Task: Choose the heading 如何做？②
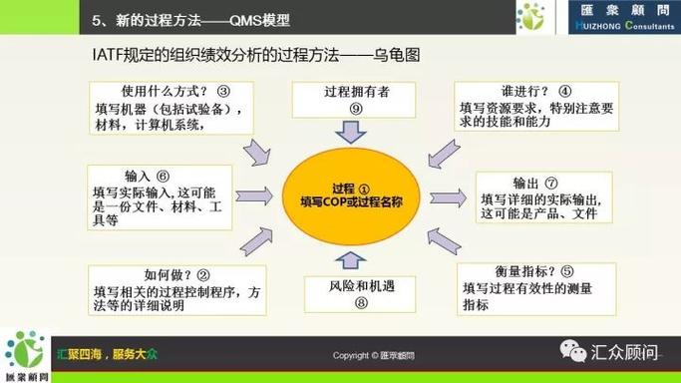coord(176,275)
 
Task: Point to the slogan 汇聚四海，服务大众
coord(119,354)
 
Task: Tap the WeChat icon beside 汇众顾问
coord(574,352)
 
